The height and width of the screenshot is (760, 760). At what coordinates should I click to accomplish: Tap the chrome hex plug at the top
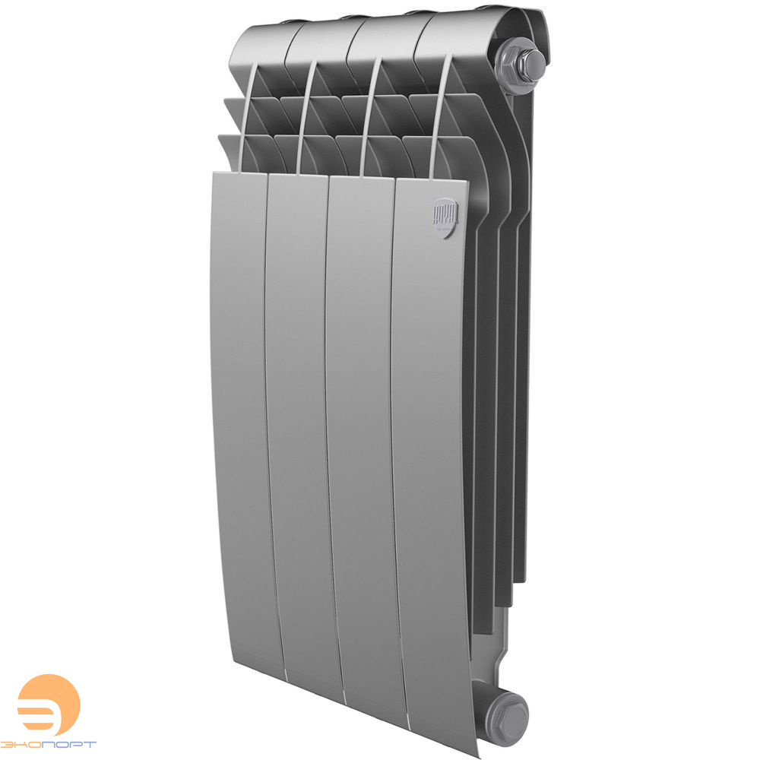(523, 62)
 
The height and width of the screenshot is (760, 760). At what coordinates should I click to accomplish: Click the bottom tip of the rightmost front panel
(456, 730)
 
